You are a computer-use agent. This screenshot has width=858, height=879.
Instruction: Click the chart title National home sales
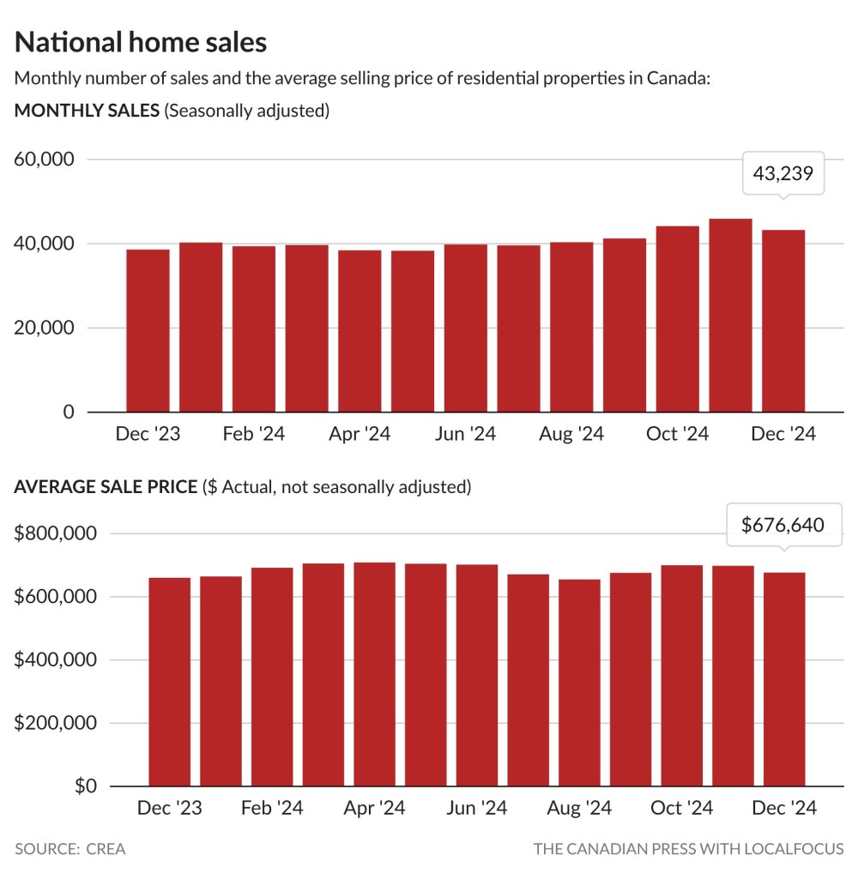[141, 42]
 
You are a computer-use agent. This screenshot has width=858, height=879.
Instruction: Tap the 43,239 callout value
[782, 174]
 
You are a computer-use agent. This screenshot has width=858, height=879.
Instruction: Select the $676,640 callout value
[782, 524]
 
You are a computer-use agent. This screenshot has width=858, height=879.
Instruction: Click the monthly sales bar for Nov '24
[730, 316]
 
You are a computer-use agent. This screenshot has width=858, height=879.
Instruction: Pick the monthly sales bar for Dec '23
[148, 331]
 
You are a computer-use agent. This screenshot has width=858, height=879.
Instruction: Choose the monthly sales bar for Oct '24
[677, 319]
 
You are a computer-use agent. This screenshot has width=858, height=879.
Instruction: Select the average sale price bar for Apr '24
[374, 674]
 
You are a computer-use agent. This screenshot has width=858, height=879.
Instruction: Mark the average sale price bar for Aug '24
[579, 683]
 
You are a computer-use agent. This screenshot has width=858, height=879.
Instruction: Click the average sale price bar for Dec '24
[783, 679]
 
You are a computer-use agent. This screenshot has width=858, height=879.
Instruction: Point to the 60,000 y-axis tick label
[44, 160]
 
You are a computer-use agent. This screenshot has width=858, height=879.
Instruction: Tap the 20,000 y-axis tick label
[44, 328]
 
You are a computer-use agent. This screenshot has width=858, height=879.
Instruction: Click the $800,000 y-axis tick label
[57, 533]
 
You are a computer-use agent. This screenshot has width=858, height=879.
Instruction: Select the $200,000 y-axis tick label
[57, 723]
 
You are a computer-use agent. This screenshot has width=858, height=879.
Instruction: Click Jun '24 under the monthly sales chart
[465, 434]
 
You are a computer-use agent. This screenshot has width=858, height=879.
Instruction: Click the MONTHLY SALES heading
[87, 111]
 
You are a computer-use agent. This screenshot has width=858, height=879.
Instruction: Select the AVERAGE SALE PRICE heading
[106, 487]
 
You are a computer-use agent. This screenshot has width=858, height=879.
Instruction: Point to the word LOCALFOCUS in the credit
[795, 849]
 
